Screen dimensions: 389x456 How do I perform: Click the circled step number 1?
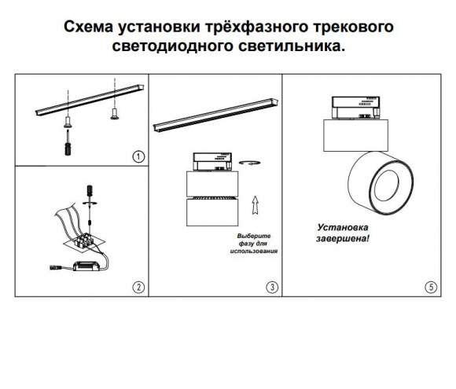(x=138, y=156)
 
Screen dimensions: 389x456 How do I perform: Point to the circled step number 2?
(x=138, y=287)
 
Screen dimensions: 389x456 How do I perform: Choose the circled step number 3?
(x=272, y=287)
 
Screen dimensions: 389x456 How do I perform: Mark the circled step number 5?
(x=432, y=287)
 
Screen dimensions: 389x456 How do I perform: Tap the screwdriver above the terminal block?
(x=89, y=191)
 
